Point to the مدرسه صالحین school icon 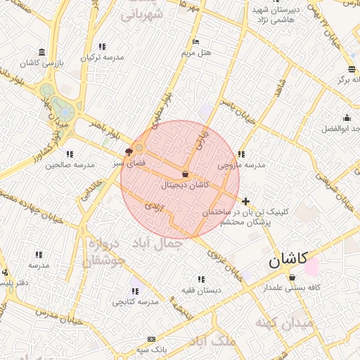tap(70, 154)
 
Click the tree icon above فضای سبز tap(129, 151)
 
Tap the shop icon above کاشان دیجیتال tap(185, 174)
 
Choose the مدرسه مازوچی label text tap(241, 165)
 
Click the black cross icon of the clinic tap(245, 201)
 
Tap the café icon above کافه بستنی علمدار tap(292, 277)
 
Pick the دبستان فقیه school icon tap(202, 278)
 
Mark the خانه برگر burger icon tap(352, 69)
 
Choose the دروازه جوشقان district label tap(104, 252)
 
